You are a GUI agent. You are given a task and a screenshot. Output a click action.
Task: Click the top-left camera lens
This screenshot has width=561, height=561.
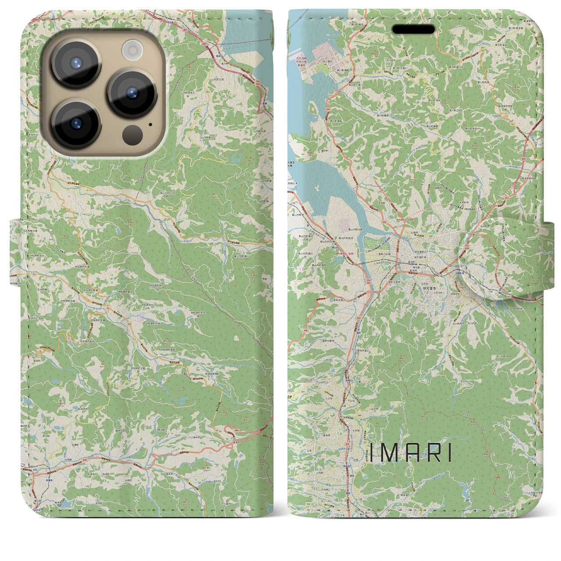click(x=76, y=63)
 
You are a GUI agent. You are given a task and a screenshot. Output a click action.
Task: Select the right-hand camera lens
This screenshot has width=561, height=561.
click(x=132, y=93)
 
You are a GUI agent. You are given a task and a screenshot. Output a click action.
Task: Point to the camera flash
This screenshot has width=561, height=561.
click(x=131, y=50)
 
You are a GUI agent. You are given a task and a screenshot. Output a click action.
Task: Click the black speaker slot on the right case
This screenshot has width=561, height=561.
click(x=414, y=29)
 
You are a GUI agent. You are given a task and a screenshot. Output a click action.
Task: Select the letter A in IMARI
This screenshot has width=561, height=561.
click(x=411, y=453)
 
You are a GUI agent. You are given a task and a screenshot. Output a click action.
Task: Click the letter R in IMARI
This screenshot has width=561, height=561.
click(x=430, y=453)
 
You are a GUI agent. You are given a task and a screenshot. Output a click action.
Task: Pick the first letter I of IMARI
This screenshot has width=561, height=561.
click(x=372, y=453)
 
